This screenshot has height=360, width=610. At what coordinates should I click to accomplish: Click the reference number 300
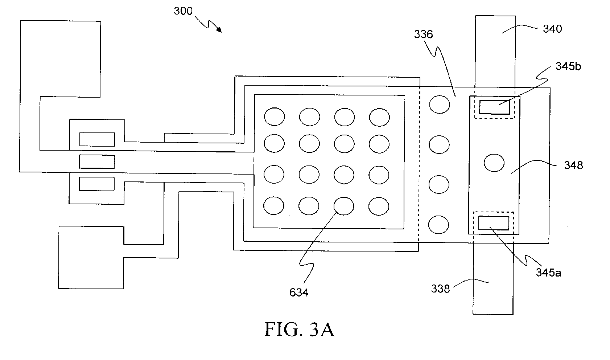183,11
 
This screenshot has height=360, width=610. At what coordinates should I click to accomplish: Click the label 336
424,34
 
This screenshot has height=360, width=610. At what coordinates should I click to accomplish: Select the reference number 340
552,29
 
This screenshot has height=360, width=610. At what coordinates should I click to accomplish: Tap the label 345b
568,66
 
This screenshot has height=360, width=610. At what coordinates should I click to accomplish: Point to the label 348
573,165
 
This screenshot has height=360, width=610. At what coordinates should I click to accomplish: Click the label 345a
549,272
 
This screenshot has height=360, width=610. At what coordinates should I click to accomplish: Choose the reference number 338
440,289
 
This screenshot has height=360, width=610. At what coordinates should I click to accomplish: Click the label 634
299,292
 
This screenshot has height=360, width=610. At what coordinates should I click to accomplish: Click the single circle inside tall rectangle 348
494,163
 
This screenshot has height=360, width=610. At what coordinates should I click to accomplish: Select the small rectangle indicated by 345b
495,107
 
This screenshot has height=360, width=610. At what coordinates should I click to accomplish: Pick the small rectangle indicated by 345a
494,223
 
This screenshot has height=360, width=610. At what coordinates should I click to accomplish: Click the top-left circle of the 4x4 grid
275,117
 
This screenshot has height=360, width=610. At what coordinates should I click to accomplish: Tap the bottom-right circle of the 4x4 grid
379,206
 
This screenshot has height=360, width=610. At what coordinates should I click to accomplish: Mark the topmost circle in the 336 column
440,105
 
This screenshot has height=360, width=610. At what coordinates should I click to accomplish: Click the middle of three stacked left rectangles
97,161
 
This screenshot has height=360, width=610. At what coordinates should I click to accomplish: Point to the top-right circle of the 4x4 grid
380,117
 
